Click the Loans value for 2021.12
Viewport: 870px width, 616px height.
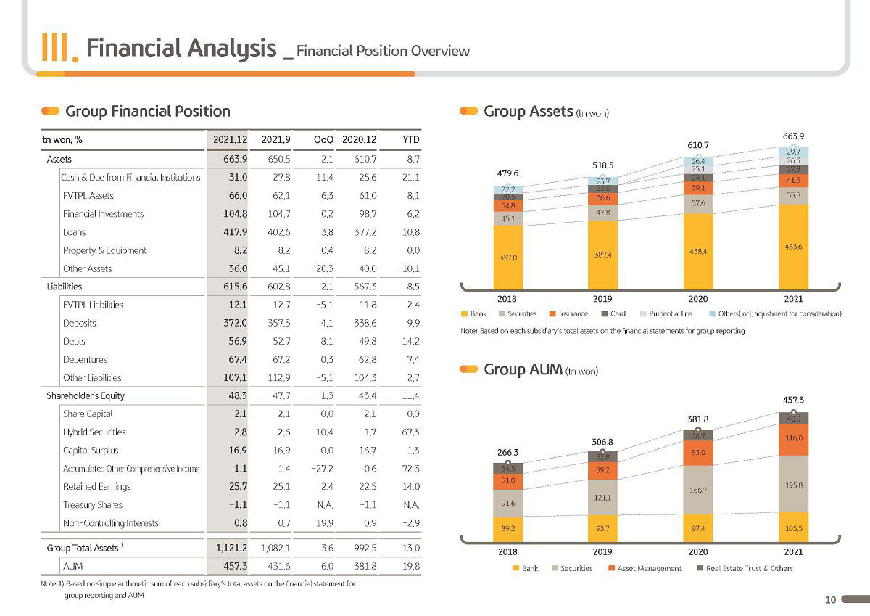[236, 232]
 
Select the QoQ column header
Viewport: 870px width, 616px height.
[323, 139]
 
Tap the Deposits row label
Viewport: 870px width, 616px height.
[79, 323]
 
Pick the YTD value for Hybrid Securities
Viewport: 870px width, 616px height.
[410, 432]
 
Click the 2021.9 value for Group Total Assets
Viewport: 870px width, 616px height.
[275, 548]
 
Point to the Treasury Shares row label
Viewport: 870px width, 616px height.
[93, 504]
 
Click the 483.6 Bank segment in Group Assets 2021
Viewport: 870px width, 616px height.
[793, 247]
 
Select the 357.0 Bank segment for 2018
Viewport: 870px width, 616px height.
[508, 258]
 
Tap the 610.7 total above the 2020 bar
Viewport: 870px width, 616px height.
[698, 145]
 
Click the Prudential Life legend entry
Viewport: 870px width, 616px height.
[666, 313]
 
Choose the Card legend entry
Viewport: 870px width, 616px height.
[613, 313]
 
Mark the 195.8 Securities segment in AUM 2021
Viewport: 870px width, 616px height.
[793, 485]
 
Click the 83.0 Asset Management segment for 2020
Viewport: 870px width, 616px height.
[698, 453]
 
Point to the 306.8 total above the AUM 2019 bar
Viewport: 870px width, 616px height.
[602, 442]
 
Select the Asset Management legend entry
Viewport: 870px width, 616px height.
[645, 568]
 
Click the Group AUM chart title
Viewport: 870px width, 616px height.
[523, 369]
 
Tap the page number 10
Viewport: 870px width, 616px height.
[830, 600]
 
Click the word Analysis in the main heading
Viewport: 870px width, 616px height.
[232, 49]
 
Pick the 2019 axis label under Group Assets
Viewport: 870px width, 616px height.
[602, 299]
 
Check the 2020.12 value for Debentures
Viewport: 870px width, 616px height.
[367, 359]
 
